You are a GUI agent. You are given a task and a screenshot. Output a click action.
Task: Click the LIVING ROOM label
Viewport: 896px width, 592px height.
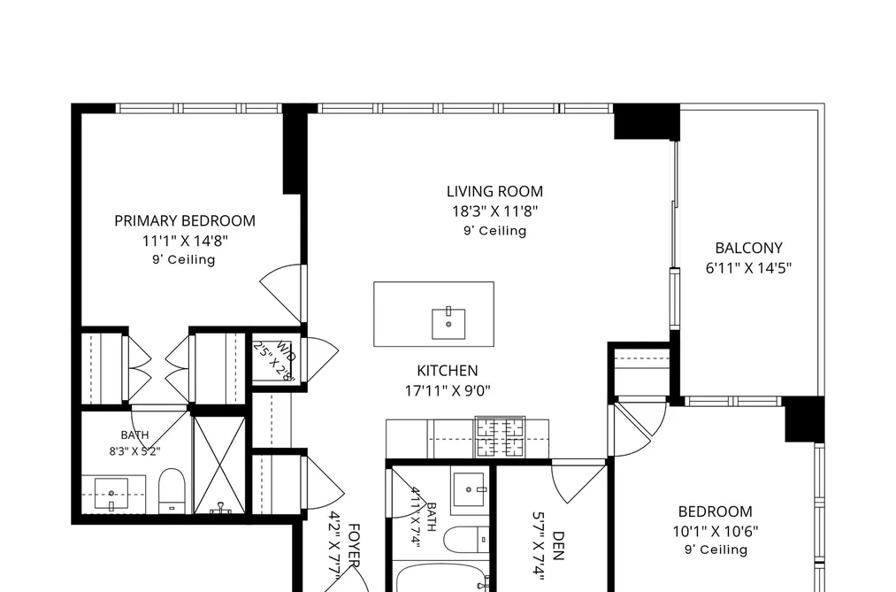click(494, 191)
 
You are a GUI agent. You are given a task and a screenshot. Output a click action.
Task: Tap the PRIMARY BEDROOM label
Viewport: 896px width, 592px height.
click(185, 221)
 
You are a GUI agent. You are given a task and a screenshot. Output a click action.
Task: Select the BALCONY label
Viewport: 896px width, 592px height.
click(748, 248)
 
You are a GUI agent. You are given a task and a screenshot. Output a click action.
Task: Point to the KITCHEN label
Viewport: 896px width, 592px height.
click(448, 371)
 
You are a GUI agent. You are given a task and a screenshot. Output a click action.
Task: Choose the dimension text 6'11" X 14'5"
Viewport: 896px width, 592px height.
click(748, 268)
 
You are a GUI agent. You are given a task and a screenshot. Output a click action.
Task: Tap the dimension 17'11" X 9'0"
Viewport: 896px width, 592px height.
click(448, 391)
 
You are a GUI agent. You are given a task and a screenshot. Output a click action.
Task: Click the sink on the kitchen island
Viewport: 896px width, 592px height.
click(448, 323)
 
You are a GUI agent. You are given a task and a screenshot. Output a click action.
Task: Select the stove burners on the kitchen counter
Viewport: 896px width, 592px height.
click(500, 438)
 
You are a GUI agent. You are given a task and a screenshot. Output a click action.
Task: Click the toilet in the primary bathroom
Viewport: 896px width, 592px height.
click(172, 491)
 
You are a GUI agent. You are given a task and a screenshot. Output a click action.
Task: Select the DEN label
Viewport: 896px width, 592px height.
click(558, 546)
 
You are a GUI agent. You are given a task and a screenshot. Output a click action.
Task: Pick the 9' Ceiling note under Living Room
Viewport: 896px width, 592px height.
click(494, 231)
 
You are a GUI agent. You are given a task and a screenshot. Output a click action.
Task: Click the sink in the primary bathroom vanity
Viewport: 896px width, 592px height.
click(111, 494)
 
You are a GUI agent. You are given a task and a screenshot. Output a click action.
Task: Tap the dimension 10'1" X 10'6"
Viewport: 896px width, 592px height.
click(716, 532)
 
